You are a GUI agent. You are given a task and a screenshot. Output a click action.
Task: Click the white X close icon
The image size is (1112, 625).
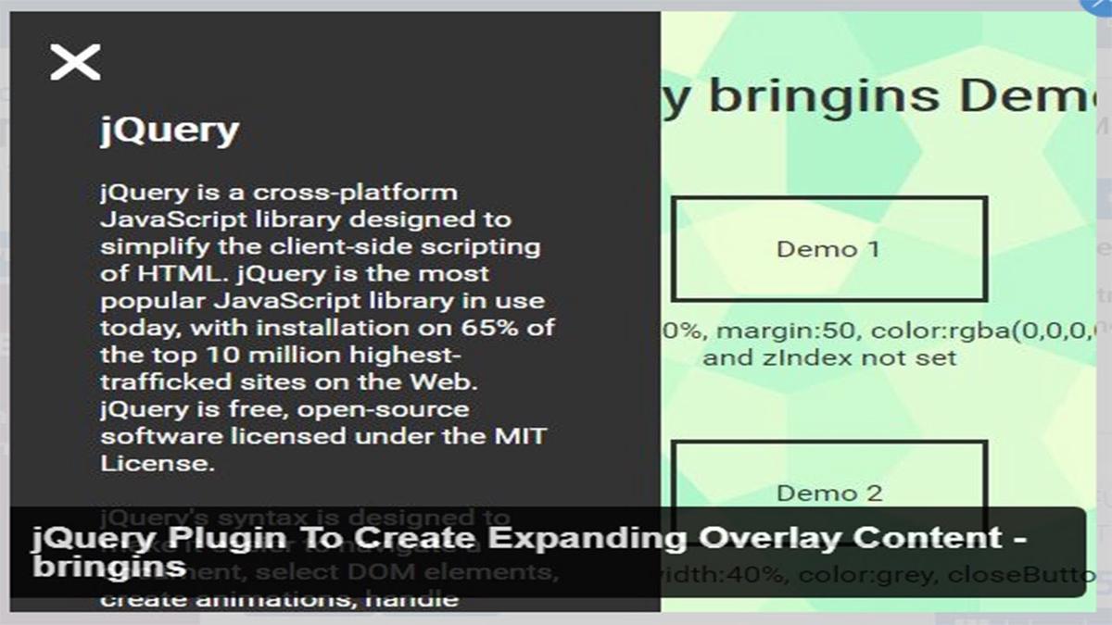point(75,62)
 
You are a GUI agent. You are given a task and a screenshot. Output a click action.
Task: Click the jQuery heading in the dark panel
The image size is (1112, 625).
point(170,131)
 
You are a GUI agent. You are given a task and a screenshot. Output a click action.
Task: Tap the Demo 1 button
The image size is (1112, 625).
point(828,248)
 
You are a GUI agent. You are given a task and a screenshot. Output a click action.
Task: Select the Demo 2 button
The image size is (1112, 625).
point(828,493)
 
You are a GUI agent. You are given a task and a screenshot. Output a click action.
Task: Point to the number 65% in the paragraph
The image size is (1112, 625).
point(492,328)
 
